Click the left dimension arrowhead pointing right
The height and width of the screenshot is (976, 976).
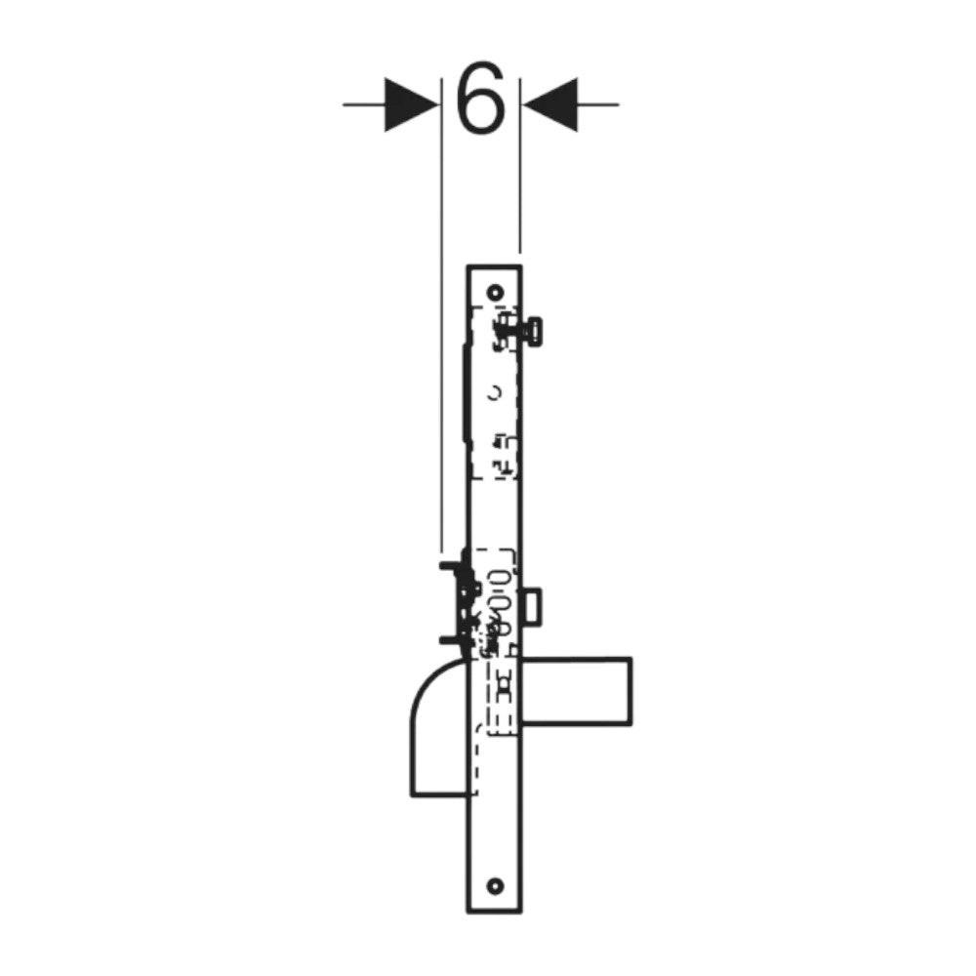(412, 104)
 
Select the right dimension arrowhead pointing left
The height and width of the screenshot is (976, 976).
(549, 104)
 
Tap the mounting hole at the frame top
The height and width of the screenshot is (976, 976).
(495, 292)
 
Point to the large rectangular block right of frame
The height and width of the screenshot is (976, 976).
(577, 691)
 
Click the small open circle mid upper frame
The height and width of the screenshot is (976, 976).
(495, 392)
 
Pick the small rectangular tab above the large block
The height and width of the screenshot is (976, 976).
(532, 606)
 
